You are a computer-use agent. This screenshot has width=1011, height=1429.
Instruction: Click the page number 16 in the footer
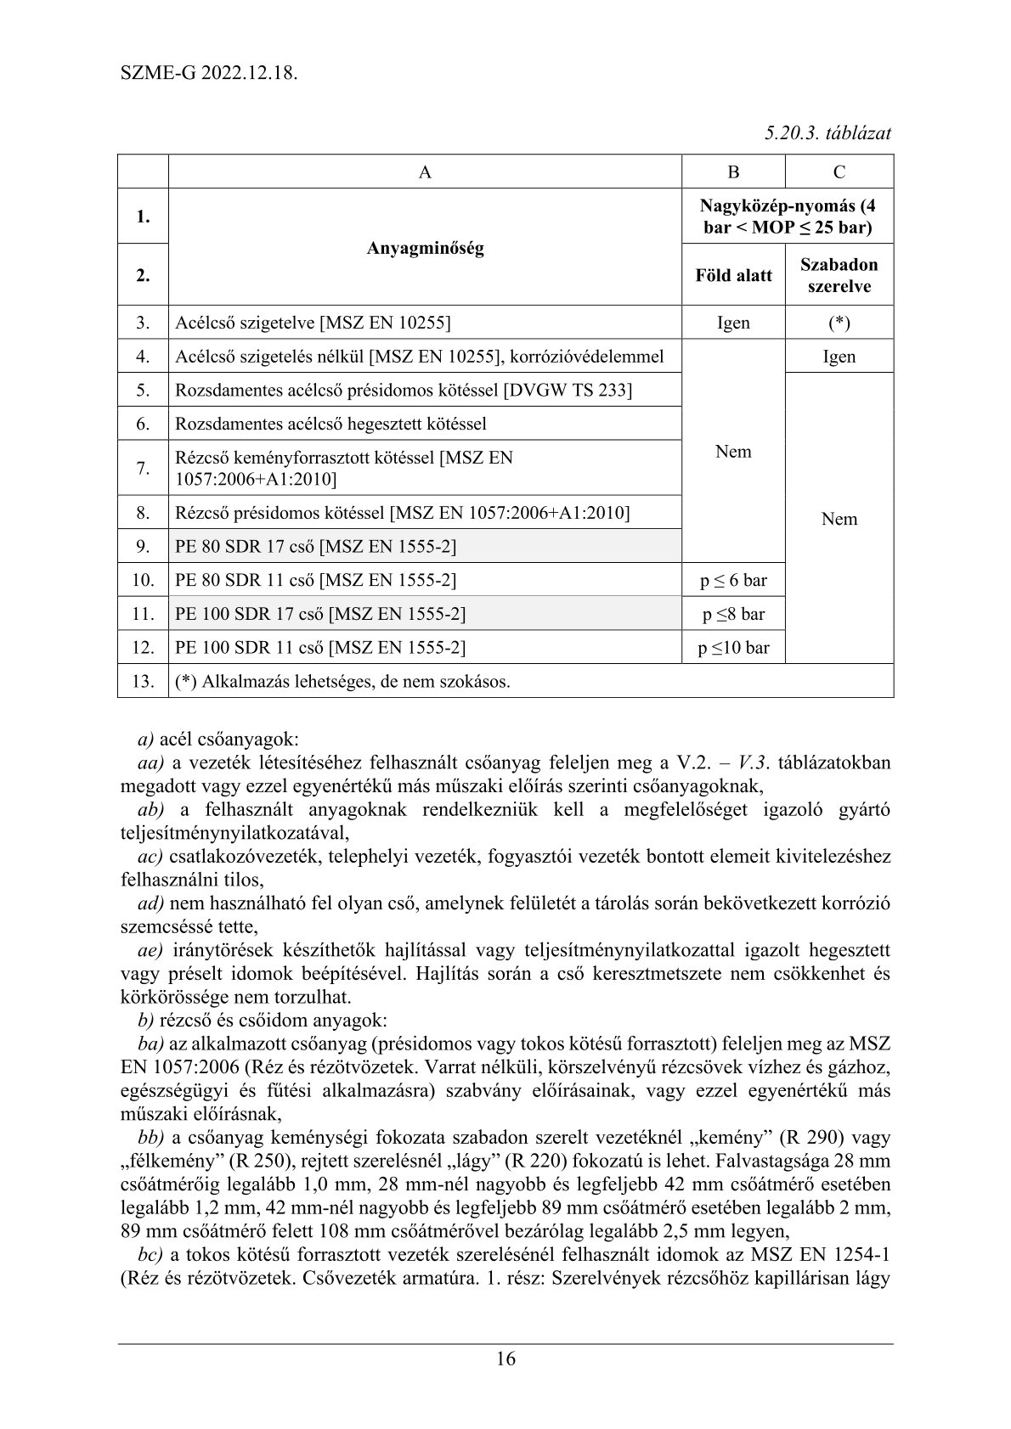(x=505, y=1359)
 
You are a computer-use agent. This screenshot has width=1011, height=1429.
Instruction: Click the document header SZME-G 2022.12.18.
(x=209, y=72)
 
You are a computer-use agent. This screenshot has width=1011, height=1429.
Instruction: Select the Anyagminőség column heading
(x=425, y=249)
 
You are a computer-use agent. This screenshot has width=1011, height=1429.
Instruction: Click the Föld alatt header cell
(x=733, y=275)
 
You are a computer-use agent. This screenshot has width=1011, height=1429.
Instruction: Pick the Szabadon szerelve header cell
(x=839, y=275)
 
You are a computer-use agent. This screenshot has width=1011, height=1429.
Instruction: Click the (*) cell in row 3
(x=839, y=323)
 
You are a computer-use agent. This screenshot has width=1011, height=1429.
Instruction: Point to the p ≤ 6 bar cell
(x=733, y=580)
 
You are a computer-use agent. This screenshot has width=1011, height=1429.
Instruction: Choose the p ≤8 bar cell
(x=733, y=614)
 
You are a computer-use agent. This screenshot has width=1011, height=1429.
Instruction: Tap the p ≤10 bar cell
(x=733, y=648)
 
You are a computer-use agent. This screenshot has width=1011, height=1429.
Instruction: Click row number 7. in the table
(x=143, y=468)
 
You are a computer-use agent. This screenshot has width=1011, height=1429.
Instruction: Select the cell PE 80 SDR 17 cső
(x=315, y=547)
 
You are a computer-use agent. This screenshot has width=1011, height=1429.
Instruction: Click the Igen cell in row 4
(x=839, y=357)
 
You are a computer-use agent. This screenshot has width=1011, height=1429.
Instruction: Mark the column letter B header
(x=733, y=172)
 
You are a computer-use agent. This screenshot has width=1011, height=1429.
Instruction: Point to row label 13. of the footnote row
(x=143, y=681)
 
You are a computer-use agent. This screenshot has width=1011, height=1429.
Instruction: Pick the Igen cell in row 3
(x=733, y=323)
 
